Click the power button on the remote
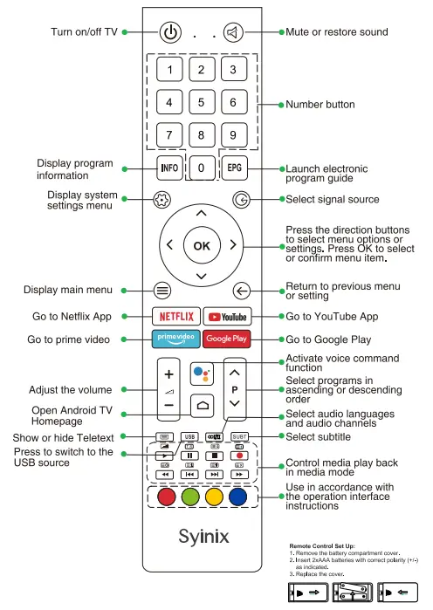coord(170,32)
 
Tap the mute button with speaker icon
coord(233,32)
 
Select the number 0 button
coord(202,168)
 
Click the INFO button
coord(169,167)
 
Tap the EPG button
coord(234,167)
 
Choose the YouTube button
coord(227,316)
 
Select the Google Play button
coord(227,339)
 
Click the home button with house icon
coord(203,405)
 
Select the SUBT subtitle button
coord(240,435)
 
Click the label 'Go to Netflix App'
coord(72,316)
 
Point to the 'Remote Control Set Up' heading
coord(322,545)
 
